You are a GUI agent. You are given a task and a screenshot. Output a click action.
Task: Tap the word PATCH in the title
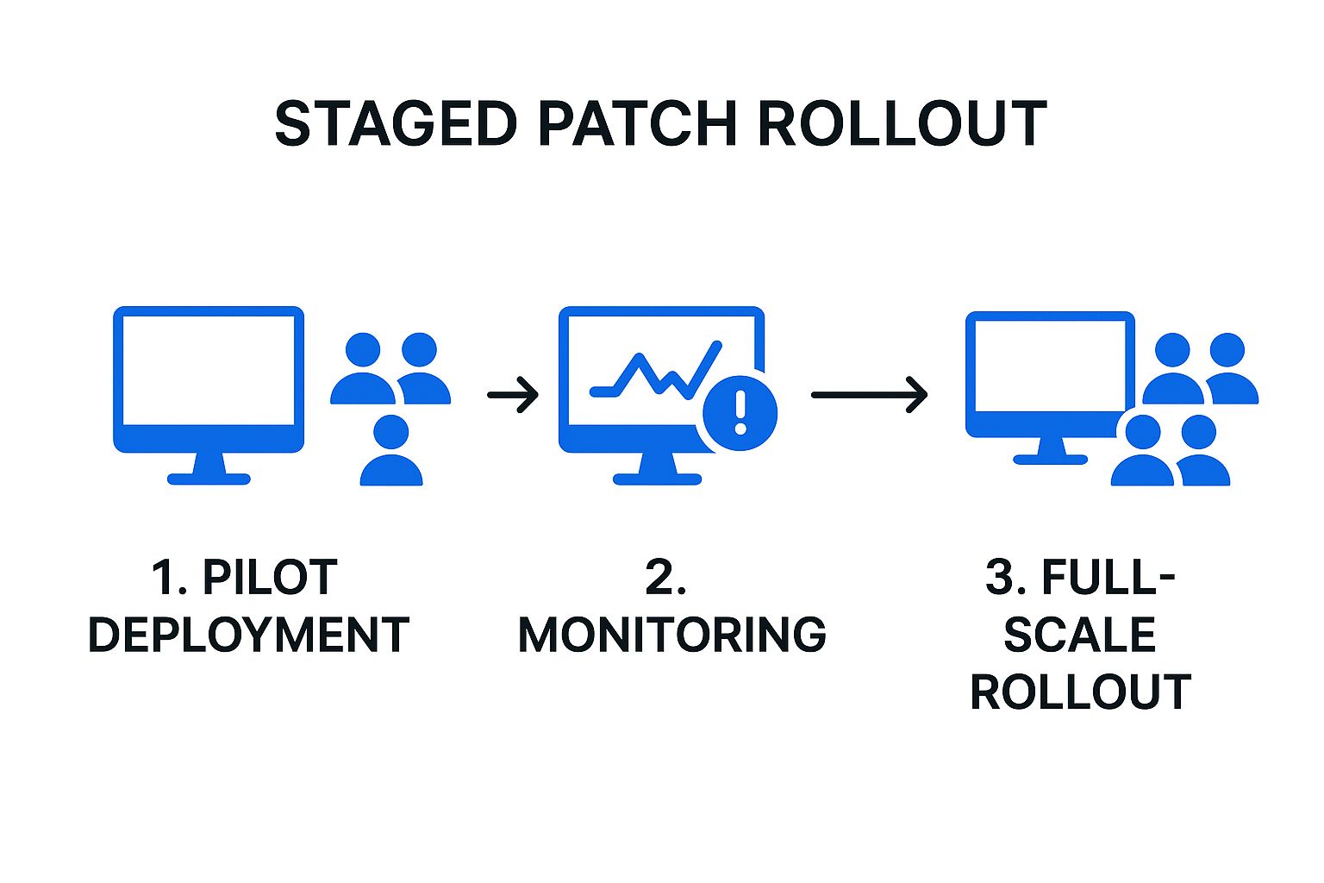637,123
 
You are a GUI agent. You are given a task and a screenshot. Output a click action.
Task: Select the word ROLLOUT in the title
902,123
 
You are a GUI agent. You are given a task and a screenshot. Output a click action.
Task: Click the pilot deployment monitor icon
209,379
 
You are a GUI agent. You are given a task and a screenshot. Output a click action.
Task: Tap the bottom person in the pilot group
391,452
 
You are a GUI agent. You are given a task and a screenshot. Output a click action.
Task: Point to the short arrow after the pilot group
513,395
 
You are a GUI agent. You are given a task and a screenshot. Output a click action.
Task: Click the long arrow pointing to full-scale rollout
869,395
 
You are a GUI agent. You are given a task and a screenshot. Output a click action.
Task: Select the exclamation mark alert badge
740,412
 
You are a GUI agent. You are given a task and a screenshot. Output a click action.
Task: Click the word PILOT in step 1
269,578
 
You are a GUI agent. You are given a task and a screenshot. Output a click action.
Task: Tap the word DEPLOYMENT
248,636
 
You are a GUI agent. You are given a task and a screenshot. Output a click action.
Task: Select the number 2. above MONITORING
665,578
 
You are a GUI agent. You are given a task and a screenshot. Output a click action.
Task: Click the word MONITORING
671,636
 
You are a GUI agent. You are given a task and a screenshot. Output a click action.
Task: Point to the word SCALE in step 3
1079,636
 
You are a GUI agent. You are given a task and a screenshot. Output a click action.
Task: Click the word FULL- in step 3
1108,578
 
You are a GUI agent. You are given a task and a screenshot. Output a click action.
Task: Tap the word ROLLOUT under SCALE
1080,692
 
